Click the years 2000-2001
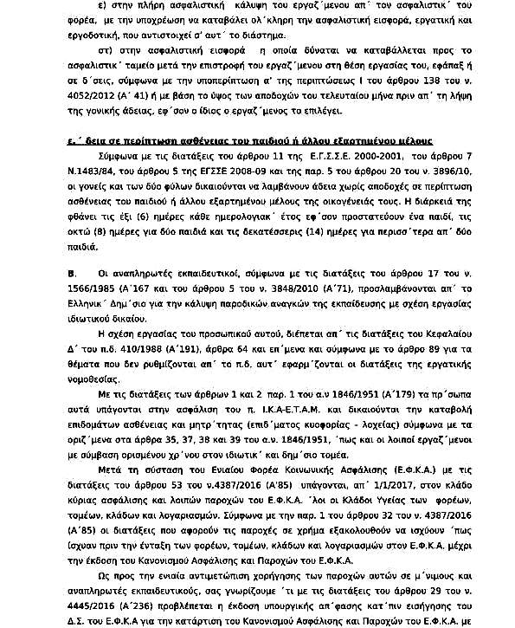coord(361,155)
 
